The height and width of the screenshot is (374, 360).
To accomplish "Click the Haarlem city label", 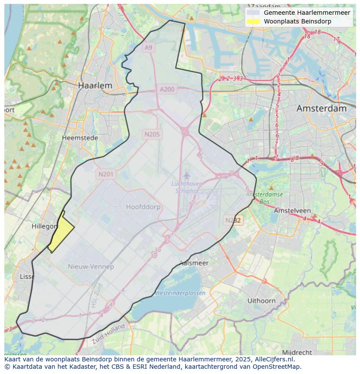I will coord(95,86).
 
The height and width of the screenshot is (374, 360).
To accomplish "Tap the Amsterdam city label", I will coord(321,109).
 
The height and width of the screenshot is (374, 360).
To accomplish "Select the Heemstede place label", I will coord(80,138).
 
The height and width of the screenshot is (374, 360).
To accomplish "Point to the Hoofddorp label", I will coord(143,207).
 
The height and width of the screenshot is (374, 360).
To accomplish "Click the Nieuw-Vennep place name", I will coord(91,266).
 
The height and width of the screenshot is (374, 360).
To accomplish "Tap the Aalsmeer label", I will coord(194,263).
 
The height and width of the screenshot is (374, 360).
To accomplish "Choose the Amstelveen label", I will coord(291,210).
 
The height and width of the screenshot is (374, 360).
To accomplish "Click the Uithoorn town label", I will coord(261,301).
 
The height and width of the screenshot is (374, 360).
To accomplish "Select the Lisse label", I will coord(27,276).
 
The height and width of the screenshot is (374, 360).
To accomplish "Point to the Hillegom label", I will coord(45,226).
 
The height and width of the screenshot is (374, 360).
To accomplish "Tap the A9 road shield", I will coord(149,47).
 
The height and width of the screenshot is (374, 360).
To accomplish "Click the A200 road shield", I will coord(167,89).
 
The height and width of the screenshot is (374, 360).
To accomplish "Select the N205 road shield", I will coord(152,134).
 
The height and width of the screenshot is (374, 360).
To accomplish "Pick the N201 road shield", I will coord(106,174).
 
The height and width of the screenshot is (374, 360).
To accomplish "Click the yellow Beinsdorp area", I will coord(61,233).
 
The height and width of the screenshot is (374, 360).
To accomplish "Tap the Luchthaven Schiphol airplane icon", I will coord(187,175).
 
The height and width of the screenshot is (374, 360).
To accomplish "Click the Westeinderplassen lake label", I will coord(180,293).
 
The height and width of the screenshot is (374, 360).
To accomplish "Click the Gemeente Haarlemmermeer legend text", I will coord(307,13).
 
